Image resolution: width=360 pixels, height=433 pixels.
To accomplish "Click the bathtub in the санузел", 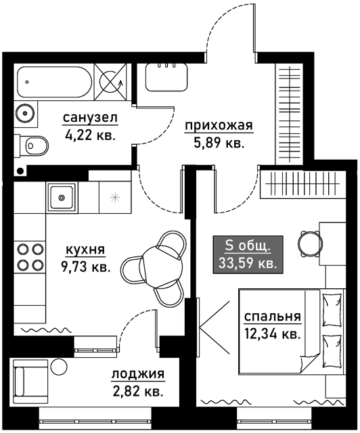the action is click(54, 82).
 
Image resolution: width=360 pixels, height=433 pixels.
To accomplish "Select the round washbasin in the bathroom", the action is click(25, 113).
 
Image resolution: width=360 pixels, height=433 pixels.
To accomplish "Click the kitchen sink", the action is click(62, 197).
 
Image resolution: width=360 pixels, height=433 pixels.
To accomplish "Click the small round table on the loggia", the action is click(59, 367).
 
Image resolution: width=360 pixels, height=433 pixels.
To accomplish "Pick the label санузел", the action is click(91, 118).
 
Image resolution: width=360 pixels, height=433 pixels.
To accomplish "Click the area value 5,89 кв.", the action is click(219, 144).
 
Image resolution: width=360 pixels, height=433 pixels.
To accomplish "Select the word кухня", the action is click(85, 250).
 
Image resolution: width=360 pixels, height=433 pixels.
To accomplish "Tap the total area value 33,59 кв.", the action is click(248, 263).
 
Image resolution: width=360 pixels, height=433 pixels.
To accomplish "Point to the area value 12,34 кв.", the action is click(272, 334).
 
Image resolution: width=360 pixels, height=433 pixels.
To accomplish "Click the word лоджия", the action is click(138, 374).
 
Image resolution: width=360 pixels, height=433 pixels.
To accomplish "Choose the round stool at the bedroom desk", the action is click(311, 243).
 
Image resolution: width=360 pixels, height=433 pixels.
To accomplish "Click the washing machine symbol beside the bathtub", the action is click(110, 82).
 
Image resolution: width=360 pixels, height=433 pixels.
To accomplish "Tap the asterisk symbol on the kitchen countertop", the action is click(114, 197).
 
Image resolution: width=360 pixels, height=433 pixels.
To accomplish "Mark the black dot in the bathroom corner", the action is click(20, 171).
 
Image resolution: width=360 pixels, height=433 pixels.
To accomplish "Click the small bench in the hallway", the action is click(166, 77).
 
